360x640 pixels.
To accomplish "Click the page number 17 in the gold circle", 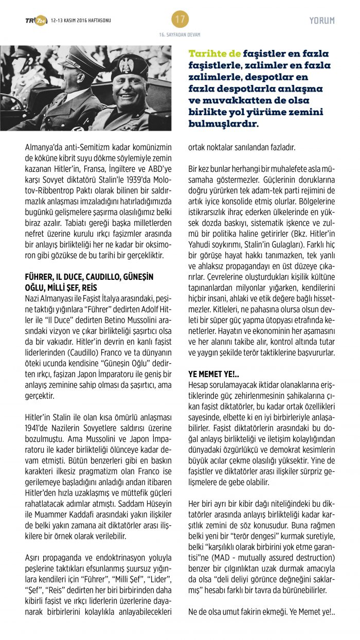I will coord(180,20).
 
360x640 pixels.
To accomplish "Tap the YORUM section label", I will coord(322,21).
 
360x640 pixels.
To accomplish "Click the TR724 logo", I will coord(36,21).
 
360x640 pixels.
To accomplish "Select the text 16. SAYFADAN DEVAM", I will coord(180,35).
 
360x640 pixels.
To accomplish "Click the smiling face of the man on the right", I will coord(129,84).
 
